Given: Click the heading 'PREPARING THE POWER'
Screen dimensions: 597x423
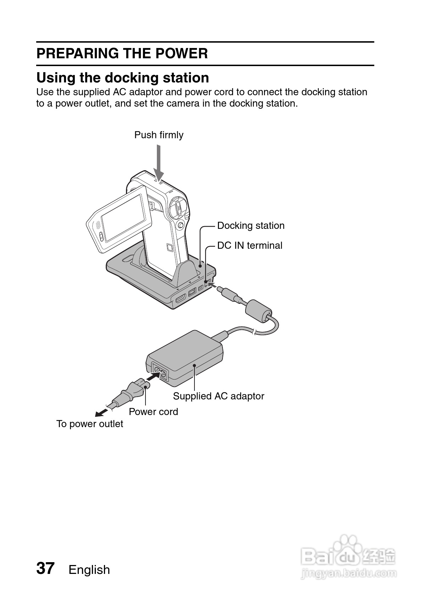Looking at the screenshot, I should point(122,54).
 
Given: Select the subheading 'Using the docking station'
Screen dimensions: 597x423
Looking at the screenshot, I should point(123,78).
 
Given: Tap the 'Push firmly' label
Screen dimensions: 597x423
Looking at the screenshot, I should point(159,135).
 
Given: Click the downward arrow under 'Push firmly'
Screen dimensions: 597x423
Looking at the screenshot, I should point(159,163).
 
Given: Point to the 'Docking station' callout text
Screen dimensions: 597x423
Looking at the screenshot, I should point(251,226).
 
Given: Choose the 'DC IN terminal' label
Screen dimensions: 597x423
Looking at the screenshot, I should point(249,246).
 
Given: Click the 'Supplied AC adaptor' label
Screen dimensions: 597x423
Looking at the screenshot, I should point(219,396).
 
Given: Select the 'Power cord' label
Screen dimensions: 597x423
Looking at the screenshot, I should point(153,412).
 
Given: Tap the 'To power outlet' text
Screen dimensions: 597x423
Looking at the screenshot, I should point(90,424).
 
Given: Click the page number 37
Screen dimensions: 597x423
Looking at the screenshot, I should point(45,568).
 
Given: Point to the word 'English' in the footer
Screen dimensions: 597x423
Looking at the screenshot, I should point(89,570).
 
